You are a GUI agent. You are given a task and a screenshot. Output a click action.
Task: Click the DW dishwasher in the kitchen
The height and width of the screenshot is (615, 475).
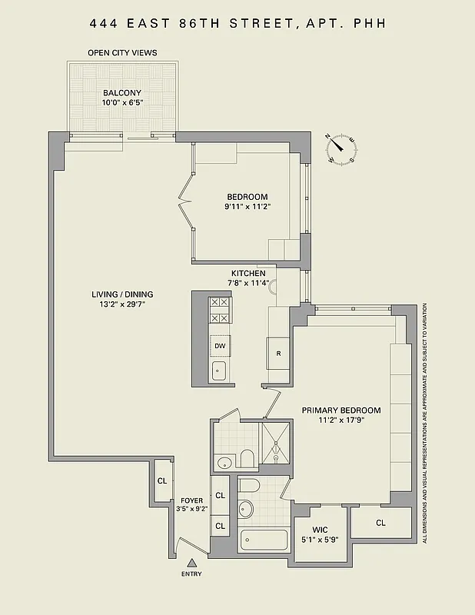click(220, 346)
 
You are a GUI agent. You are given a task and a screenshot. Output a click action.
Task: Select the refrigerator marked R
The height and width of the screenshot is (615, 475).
click(277, 354)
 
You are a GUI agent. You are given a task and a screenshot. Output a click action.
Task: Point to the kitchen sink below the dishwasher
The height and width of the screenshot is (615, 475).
click(220, 372)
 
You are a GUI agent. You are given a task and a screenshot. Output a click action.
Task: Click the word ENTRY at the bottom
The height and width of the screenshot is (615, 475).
click(192, 574)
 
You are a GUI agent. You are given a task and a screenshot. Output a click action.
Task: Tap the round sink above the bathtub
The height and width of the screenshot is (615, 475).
click(247, 509)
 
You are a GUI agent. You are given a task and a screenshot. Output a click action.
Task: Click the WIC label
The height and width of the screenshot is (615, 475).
click(320, 529)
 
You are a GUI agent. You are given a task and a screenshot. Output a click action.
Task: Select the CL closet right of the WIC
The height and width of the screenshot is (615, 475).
click(380, 523)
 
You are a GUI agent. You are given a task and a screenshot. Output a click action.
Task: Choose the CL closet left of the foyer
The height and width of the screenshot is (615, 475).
click(162, 480)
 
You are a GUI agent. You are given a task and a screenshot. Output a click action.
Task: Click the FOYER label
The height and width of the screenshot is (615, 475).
click(192, 500)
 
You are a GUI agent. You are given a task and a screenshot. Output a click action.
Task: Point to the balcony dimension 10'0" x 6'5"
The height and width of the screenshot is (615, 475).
click(122, 103)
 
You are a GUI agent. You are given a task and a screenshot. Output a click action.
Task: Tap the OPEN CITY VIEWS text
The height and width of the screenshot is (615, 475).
click(123, 52)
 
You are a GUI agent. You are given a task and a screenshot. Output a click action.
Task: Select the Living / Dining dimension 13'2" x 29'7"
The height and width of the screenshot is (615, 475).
click(122, 304)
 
